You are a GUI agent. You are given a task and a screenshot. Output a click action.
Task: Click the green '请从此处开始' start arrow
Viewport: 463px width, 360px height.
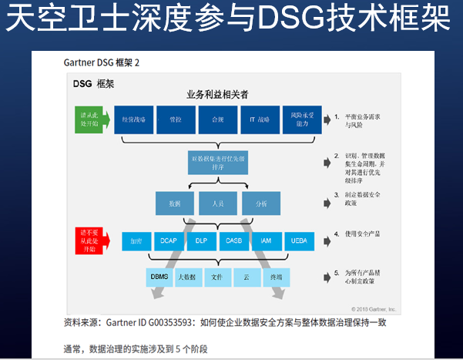(88, 120)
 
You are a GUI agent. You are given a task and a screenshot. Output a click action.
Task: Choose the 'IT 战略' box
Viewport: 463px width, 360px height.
(258, 120)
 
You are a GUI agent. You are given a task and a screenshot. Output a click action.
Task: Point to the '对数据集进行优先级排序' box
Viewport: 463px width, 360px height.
(218, 162)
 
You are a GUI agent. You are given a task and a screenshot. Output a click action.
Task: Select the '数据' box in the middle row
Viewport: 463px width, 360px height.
(174, 204)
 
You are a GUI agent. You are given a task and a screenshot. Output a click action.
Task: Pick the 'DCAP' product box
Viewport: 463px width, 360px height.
(169, 241)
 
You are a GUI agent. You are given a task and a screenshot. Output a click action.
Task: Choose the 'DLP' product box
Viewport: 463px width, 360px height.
(201, 241)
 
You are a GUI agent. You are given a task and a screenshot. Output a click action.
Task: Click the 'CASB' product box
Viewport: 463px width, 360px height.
(234, 241)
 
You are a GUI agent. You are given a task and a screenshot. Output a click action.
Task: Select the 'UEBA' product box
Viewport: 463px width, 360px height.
(299, 241)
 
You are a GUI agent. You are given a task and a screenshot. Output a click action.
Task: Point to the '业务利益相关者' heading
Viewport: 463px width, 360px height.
(216, 94)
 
